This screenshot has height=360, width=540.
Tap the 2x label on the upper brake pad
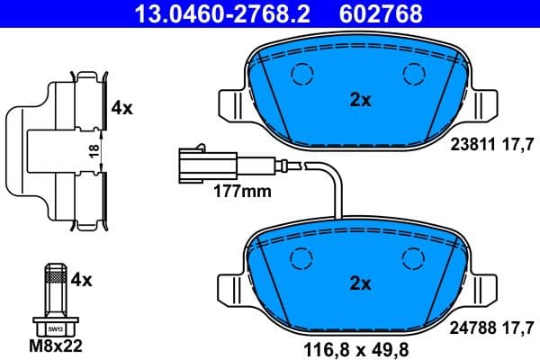tap(360, 101)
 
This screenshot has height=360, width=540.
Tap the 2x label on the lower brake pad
tap(360, 283)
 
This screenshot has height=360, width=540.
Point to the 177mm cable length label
tap(241, 191)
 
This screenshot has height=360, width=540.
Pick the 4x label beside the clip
tap(121, 108)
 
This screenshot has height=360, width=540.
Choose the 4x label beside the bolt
tap(82, 280)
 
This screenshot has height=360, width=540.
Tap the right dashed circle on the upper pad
tap(413, 76)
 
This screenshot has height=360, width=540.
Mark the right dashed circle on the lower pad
tap(413, 257)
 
